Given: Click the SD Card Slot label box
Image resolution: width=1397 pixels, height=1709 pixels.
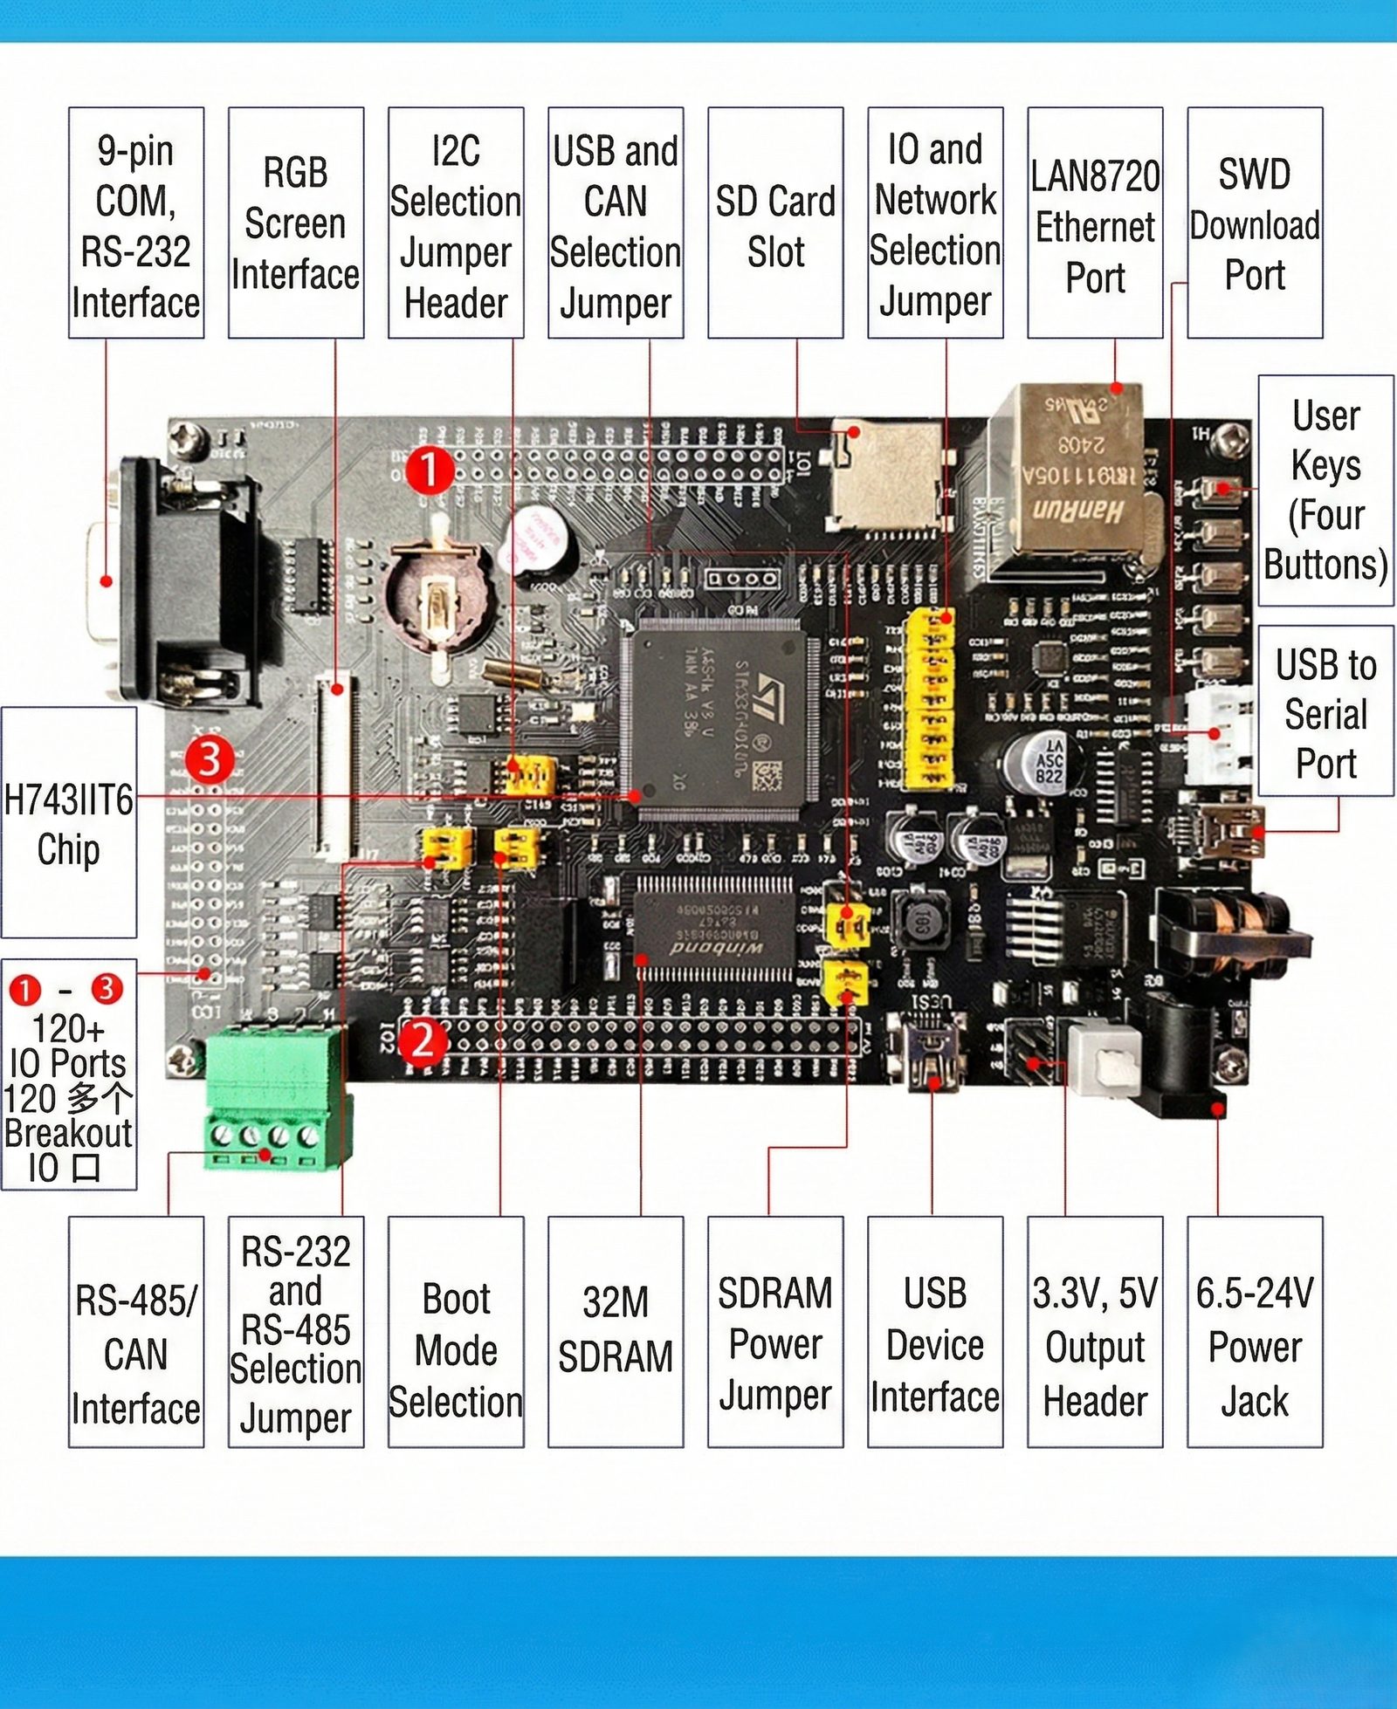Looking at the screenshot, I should pyautogui.click(x=775, y=223).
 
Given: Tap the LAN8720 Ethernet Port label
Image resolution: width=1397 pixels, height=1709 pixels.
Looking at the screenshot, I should pyautogui.click(x=1095, y=223).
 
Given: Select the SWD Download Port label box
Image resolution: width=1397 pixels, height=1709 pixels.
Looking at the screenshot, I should pyautogui.click(x=1255, y=223).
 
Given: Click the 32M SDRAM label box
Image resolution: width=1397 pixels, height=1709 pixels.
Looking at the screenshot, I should pyautogui.click(x=616, y=1331).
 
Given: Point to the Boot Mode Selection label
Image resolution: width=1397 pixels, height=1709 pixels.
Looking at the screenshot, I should pyautogui.click(x=456, y=1331).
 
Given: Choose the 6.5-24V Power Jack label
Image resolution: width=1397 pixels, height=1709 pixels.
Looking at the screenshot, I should pyautogui.click(x=1255, y=1331).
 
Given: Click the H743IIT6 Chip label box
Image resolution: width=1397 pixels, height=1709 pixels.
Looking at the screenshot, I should pyautogui.click(x=69, y=822).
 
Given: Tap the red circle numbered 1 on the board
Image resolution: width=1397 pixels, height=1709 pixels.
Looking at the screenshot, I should pyautogui.click(x=430, y=470).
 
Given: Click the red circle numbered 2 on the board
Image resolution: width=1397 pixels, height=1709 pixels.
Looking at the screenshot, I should pyautogui.click(x=423, y=1040).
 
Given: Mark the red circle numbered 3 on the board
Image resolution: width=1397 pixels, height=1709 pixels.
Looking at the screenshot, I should pyautogui.click(x=210, y=759).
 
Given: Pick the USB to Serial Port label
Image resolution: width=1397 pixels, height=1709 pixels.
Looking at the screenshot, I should pyautogui.click(x=1325, y=711).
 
